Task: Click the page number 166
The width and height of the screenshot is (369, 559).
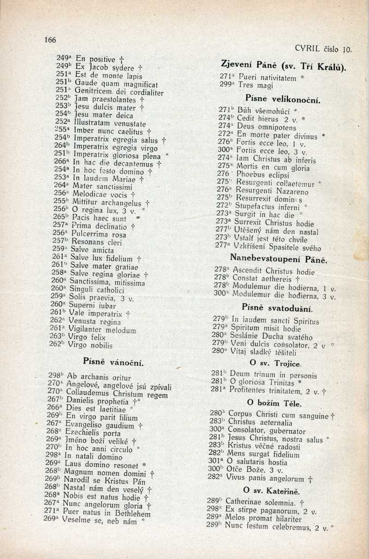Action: [x=50, y=40]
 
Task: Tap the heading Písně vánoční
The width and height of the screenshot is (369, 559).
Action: [x=113, y=362]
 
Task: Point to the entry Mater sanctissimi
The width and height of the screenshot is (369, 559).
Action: [x=100, y=186]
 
